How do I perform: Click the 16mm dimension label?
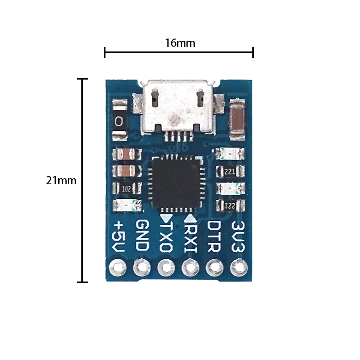click(x=180, y=43)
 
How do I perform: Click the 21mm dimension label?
click(x=61, y=180)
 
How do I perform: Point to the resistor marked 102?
click(x=127, y=188)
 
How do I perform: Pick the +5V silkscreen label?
click(x=119, y=237)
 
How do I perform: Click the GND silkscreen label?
click(x=142, y=236)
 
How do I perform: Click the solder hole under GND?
click(x=142, y=267)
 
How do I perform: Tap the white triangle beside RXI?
click(x=190, y=218)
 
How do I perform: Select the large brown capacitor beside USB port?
click(x=237, y=120)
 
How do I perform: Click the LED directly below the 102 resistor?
click(x=126, y=206)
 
